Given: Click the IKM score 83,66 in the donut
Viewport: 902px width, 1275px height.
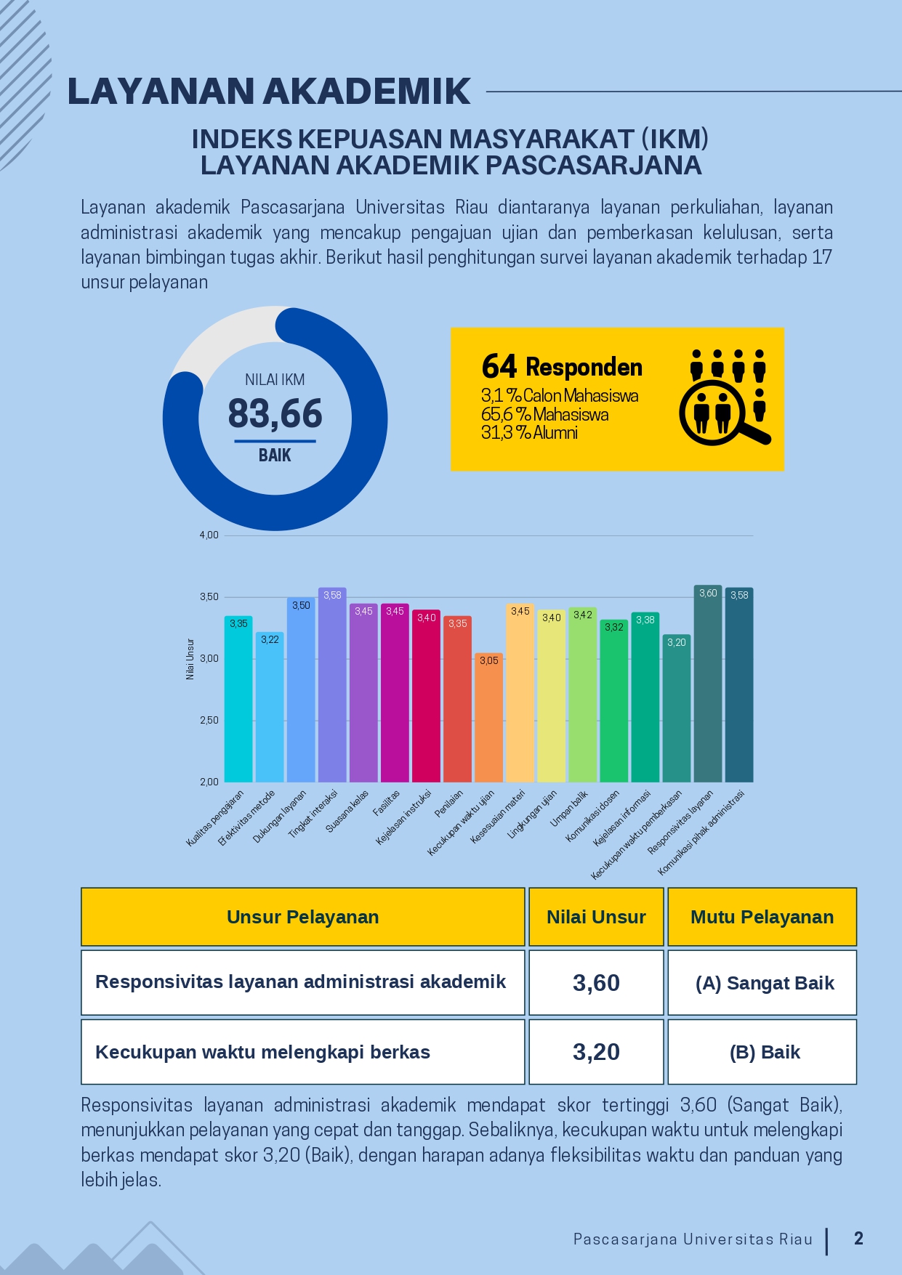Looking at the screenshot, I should (x=275, y=414).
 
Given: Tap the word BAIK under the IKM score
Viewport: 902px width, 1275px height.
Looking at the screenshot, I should (x=275, y=456).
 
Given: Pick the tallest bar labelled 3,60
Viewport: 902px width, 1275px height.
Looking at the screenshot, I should (x=707, y=684).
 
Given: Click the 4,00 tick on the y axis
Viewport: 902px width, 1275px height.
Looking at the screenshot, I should (x=209, y=535).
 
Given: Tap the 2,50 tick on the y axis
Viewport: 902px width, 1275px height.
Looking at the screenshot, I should (x=209, y=721).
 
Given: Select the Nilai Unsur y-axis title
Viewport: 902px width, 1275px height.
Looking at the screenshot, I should (x=190, y=659).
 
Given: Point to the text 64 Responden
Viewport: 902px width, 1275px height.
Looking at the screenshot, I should (x=562, y=367).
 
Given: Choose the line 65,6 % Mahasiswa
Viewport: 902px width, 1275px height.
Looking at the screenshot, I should (x=545, y=415).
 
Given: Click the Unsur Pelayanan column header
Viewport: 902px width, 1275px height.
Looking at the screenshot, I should (x=302, y=917).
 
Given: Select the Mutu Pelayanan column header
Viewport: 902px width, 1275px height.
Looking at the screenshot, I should (x=762, y=917).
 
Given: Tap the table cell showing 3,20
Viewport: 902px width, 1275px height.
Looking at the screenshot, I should (x=596, y=1052).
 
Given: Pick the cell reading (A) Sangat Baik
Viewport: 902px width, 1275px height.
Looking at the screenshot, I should (x=765, y=983).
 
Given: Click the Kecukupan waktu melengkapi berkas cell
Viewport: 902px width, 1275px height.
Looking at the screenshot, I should (x=263, y=1052).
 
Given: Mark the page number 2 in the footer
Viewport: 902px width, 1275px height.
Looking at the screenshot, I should (x=858, y=1239).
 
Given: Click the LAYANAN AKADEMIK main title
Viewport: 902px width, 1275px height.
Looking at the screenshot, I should (x=269, y=92).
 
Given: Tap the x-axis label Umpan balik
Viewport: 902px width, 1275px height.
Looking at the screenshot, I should (x=569, y=809).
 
